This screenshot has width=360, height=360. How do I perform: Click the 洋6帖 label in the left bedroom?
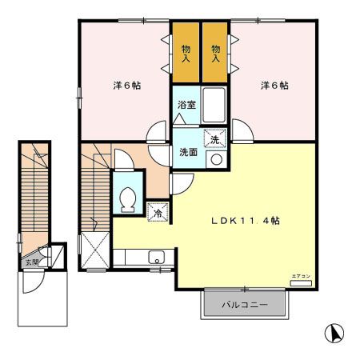pos(125,86)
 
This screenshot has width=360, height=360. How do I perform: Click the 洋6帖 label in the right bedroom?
pos(274,86)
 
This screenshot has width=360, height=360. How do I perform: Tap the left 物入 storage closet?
pos(186,54)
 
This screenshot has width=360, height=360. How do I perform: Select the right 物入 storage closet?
pos(215,54)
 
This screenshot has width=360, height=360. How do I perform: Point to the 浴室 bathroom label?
pos(186,105)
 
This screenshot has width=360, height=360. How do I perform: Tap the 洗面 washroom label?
pos(188,152)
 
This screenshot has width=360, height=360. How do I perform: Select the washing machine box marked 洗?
pos(214,139)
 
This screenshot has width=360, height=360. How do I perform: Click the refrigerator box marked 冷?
pos(158,213)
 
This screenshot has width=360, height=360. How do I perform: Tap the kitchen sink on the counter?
pos(158,258)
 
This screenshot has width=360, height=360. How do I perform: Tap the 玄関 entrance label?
pos(30,262)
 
